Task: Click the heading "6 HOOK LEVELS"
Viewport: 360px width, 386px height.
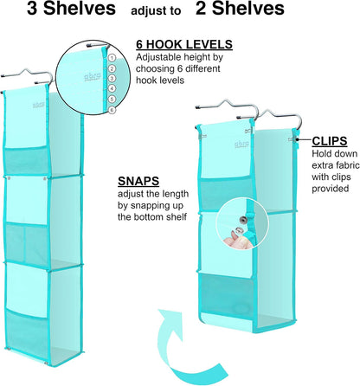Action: pyautogui.click(x=184, y=44)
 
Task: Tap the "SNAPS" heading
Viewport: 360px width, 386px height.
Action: pyautogui.click(x=138, y=181)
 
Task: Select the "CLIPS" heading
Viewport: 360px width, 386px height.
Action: pyautogui.click(x=330, y=141)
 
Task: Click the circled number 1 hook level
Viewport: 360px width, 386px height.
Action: pyautogui.click(x=112, y=58)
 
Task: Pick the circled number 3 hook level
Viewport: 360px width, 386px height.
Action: pyautogui.click(x=112, y=79)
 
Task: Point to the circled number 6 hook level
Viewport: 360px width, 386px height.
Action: pyautogui.click(x=112, y=110)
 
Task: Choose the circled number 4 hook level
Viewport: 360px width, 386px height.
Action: pyautogui.click(x=112, y=88)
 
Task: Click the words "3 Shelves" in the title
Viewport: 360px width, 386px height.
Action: pyautogui.click(x=71, y=9)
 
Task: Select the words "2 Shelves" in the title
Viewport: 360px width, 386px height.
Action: pyautogui.click(x=240, y=9)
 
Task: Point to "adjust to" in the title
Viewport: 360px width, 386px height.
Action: pyautogui.click(x=156, y=11)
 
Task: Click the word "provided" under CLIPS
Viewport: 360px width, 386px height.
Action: pyautogui.click(x=331, y=189)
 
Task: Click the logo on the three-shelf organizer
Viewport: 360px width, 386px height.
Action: pyautogui.click(x=38, y=106)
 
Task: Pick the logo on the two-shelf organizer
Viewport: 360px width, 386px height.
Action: pyautogui.click(x=241, y=144)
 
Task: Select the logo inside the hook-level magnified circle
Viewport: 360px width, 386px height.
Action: pyautogui.click(x=93, y=77)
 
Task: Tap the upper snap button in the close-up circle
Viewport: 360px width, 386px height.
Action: pyautogui.click(x=243, y=221)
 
